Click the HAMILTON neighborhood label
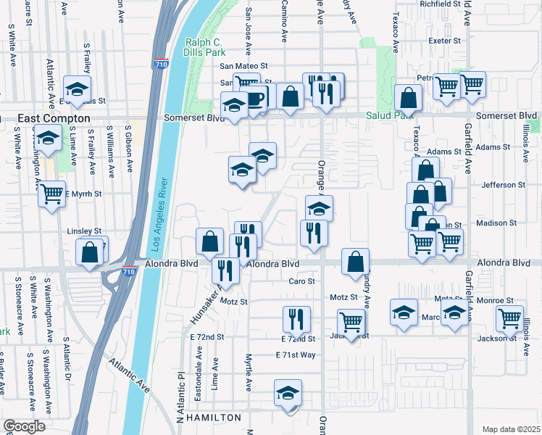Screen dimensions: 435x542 click(x=213, y=418)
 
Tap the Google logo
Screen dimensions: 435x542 click(x=24, y=426)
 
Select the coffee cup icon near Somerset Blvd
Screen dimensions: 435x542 click(x=256, y=98)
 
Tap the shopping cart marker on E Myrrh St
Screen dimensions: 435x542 click(x=51, y=193)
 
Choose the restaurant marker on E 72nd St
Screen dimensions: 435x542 click(x=296, y=319)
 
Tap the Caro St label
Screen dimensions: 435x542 click(x=302, y=281)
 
